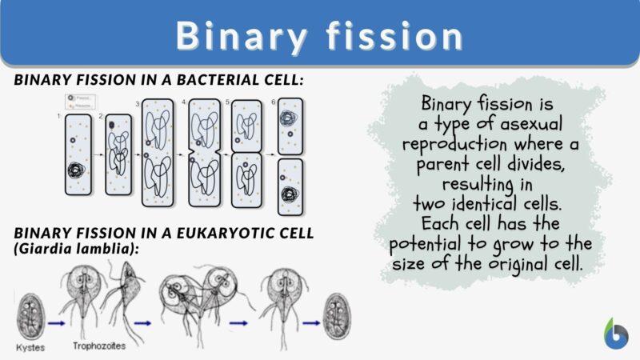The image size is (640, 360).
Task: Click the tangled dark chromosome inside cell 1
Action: pyautogui.click(x=78, y=172)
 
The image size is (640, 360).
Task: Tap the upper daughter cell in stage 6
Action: pyautogui.click(x=290, y=124)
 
